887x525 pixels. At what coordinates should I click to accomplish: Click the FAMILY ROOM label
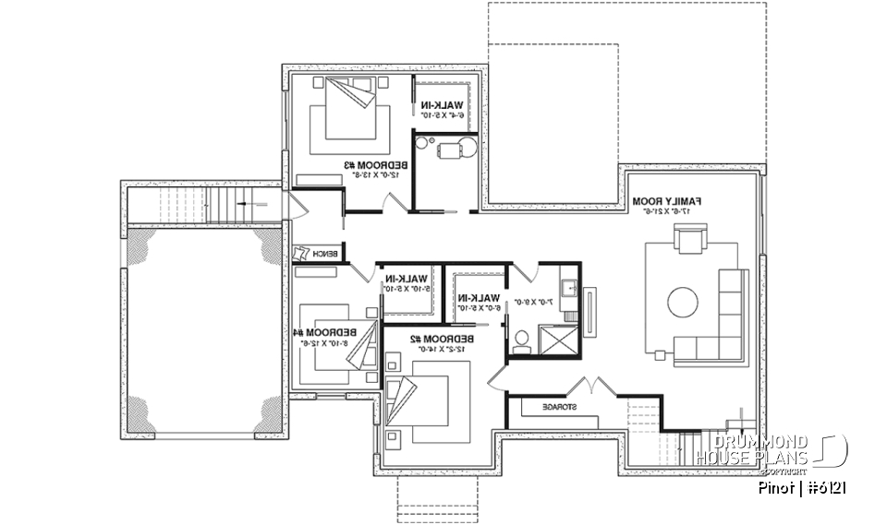coord(669,200)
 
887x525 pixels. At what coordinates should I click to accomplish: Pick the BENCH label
coord(325,254)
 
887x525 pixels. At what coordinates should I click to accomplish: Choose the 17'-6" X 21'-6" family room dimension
coord(668,212)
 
